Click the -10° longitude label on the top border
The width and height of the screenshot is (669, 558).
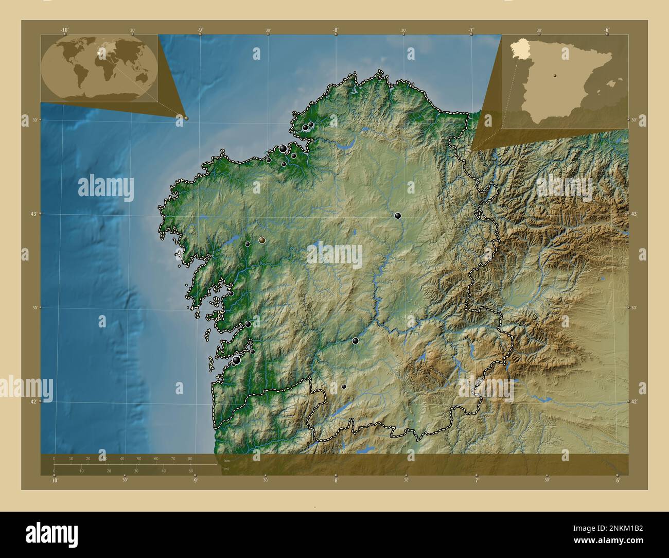[65, 30]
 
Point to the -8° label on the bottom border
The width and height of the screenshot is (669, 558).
[336, 481]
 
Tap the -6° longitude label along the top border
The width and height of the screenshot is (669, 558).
[606, 30]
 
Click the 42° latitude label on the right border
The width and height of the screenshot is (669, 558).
[634, 402]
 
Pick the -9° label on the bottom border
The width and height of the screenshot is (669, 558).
[195, 481]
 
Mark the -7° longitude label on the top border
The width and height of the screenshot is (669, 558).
[471, 30]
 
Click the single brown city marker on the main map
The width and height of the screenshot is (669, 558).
[262, 240]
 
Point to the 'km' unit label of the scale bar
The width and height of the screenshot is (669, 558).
[227, 460]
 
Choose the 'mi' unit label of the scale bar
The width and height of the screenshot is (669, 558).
[226, 468]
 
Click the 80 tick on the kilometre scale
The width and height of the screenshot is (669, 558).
[190, 458]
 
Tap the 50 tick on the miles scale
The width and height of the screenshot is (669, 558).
[191, 470]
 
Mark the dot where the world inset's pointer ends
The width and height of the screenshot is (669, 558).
[186, 118]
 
